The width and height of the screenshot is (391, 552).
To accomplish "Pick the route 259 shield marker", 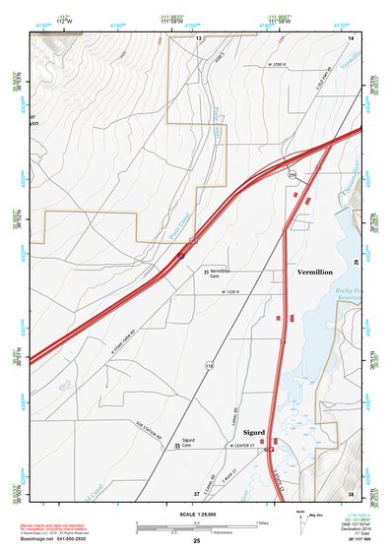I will tap(292, 174).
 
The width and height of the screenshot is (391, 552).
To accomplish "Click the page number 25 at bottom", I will tap(196, 541).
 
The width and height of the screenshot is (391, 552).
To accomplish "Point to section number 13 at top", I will tap(197, 37).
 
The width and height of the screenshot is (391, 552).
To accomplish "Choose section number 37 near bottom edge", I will tap(196, 493).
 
